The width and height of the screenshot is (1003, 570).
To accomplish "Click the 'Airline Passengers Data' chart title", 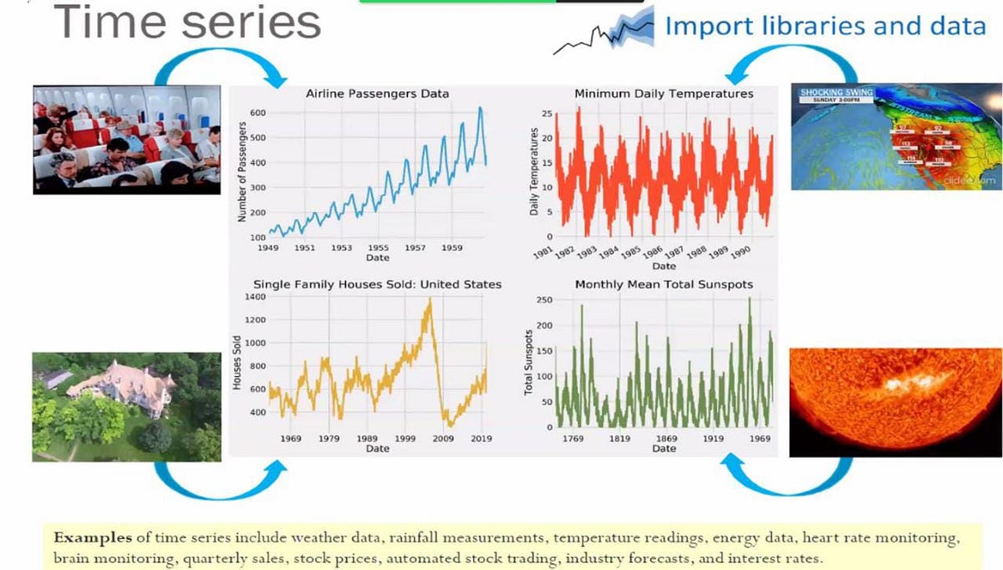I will [377, 94].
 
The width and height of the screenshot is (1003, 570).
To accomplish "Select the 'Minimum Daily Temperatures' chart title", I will [664, 94].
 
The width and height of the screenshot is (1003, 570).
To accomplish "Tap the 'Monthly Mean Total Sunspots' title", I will [664, 284].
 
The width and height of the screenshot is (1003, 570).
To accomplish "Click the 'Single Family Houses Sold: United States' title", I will [377, 284].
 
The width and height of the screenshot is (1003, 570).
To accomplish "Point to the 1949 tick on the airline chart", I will [267, 248].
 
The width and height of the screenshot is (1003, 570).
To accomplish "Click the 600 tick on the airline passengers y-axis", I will [257, 113].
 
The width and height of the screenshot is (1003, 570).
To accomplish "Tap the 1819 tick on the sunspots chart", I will [619, 438].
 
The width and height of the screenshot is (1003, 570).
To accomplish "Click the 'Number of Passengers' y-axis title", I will [242, 172].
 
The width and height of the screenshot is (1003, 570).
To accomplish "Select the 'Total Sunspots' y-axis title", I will [528, 363].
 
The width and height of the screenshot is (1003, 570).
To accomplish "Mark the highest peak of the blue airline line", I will [480, 108].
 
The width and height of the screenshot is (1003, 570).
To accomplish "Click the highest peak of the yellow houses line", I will [430, 299].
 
